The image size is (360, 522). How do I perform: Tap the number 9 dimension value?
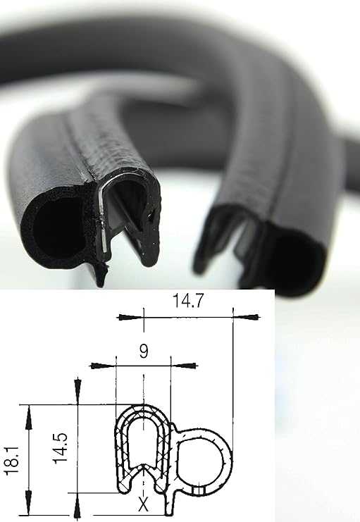[x=143, y=351]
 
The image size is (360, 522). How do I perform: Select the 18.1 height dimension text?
[x=11, y=459]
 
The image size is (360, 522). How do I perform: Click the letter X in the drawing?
[x=143, y=504]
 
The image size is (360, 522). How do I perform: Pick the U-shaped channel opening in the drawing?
[x=144, y=444]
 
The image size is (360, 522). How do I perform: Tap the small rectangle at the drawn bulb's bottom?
[x=200, y=489]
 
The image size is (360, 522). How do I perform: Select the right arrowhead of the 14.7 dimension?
[x=244, y=318]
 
